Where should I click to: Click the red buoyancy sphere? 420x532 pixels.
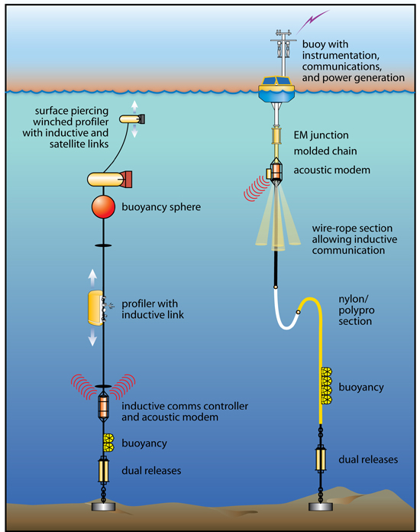click(x=103, y=206)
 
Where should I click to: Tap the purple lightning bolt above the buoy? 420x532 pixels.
click(x=312, y=21)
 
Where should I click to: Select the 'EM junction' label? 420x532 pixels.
click(x=321, y=135)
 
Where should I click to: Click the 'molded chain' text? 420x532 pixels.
click(x=325, y=151)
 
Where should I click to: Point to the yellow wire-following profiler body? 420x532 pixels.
click(x=95, y=308)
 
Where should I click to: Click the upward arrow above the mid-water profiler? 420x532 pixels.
click(x=92, y=278)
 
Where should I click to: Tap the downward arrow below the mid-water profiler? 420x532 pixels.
click(x=92, y=337)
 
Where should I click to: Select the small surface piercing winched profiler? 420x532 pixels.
click(x=132, y=118)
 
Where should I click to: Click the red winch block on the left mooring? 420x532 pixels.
click(x=126, y=180)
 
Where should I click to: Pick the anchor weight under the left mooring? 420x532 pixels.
click(x=103, y=507)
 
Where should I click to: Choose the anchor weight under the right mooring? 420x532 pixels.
click(x=320, y=507)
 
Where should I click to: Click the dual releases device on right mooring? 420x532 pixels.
click(x=321, y=459)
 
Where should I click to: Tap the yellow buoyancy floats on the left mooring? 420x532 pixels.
click(x=108, y=443)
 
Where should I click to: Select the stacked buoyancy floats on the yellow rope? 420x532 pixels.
click(x=326, y=385)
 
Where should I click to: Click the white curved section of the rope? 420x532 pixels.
click(x=284, y=313)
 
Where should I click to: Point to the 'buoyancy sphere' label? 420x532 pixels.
click(x=161, y=207)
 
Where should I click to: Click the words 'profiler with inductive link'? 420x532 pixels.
click(x=153, y=309)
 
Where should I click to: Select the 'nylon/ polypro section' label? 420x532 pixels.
click(x=357, y=310)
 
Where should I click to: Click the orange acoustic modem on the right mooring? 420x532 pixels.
click(x=276, y=170)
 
